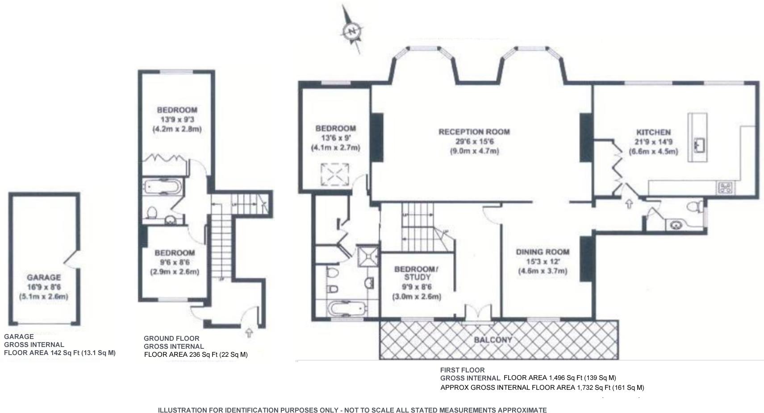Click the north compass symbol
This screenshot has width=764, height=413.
(x=352, y=31)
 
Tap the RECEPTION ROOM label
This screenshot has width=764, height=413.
(x=474, y=132)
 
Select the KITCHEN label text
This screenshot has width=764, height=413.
(x=654, y=132)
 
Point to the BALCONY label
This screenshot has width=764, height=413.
(x=493, y=340)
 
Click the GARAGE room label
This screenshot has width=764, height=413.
(x=44, y=277)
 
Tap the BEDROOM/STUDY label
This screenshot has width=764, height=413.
(x=417, y=273)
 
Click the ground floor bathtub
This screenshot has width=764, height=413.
(x=162, y=187)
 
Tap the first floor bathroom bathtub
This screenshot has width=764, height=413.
(x=348, y=309)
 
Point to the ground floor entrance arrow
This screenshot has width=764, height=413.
(x=249, y=332)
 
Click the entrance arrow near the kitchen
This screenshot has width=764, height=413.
(x=629, y=204)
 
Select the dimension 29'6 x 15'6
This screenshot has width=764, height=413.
(x=475, y=141)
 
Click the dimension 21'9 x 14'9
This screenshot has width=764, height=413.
(x=654, y=142)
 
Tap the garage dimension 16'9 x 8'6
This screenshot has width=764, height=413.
(x=44, y=287)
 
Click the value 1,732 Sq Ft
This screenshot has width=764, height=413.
(x=593, y=388)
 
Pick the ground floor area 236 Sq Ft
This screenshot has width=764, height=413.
(x=203, y=355)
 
